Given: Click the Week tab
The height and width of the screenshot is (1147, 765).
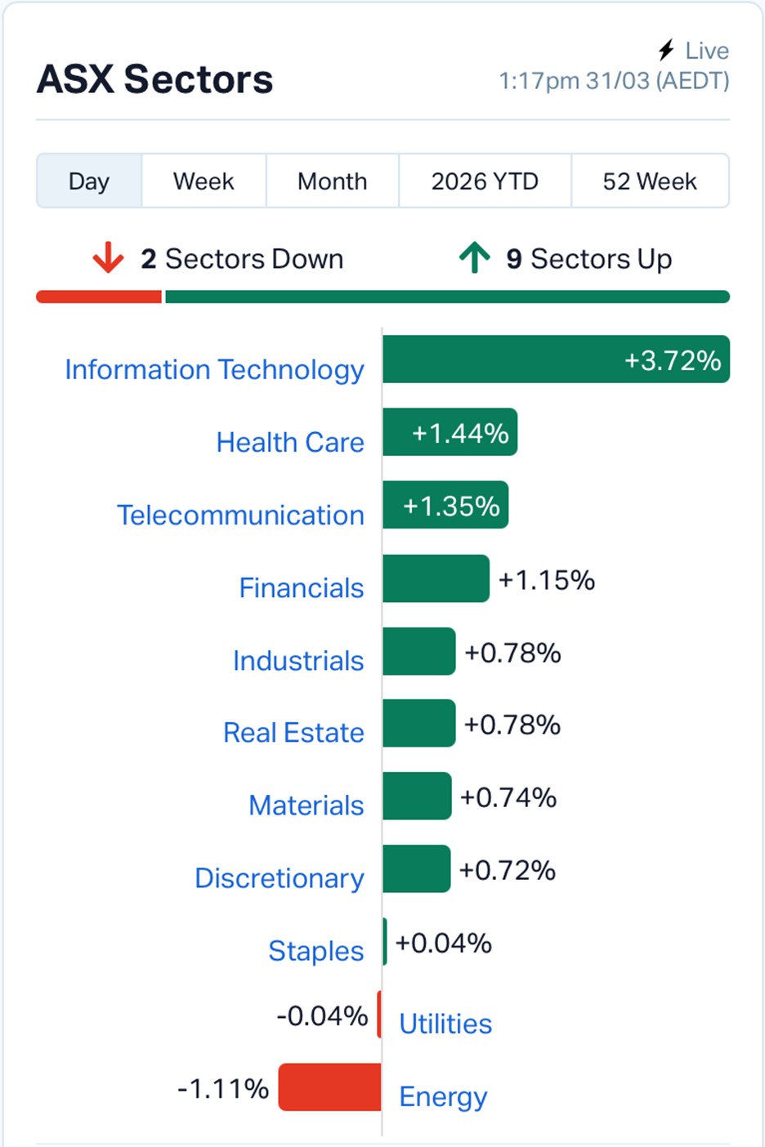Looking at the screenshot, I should tap(204, 181).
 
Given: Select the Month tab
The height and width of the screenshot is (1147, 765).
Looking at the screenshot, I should tap(332, 181).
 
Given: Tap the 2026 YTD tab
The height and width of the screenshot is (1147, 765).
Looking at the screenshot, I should tap(485, 181).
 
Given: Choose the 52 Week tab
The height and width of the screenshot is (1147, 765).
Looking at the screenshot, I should tap(650, 181).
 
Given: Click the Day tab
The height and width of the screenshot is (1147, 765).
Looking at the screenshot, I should tap(89, 181).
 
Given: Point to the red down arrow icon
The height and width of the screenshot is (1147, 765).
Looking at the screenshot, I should tap(108, 258).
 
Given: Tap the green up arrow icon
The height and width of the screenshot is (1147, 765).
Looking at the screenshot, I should tap(474, 258).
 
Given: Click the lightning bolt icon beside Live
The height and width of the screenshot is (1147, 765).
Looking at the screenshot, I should tap(667, 51).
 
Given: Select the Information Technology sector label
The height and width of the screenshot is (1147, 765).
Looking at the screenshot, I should tap(214, 369).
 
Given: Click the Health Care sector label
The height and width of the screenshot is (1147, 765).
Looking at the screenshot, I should tap(290, 442).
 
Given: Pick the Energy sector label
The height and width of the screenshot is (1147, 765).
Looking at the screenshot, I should tap(443, 1096).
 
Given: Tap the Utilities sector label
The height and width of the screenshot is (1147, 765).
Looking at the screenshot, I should tap(445, 1024).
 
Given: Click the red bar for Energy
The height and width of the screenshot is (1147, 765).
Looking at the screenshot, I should tap(329, 1087).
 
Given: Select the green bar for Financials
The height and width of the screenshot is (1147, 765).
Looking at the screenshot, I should tap(436, 579).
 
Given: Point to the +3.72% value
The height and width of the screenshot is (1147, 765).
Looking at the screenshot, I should tap(673, 360).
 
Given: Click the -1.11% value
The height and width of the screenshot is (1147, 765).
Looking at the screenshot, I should tap(223, 1088).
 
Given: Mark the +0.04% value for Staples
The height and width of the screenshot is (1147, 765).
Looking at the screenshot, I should tap(444, 943).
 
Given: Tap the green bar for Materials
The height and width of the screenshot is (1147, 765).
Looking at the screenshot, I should tap(417, 797).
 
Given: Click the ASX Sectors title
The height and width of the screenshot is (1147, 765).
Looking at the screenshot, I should tap(155, 79).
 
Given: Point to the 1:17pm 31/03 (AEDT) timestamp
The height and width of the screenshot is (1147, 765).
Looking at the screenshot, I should tap(614, 81).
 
